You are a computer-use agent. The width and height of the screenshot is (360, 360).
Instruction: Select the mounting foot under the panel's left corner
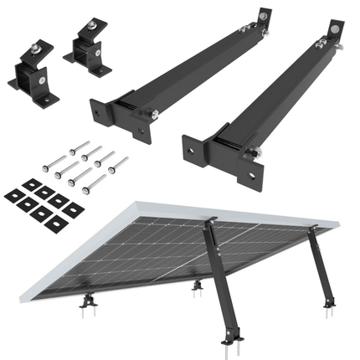coord(87,300)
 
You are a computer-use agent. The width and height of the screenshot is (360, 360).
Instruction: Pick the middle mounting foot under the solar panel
coord(198,287)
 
